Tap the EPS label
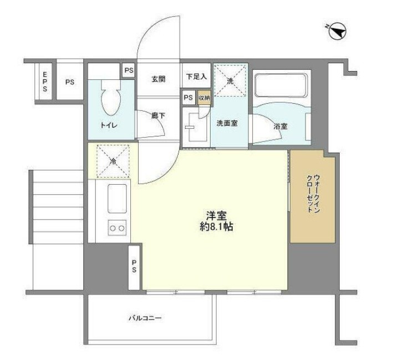point(45,82)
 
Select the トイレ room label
point(109,125)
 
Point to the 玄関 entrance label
point(159,79)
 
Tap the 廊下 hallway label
point(159,116)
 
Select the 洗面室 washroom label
point(227,124)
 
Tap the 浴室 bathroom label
point(280,126)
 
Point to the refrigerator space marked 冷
point(113,162)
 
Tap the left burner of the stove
point(112,228)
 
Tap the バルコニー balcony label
point(145,318)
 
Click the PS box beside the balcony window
point(135,267)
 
